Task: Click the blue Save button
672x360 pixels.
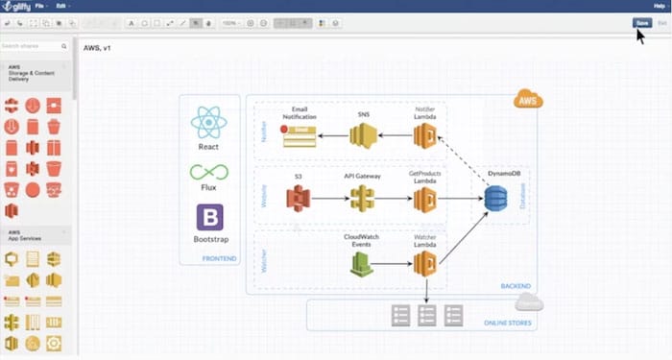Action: click(x=640, y=22)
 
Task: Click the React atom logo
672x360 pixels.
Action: click(x=208, y=122)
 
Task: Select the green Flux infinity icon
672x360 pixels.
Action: click(x=208, y=173)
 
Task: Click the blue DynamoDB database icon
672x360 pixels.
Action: click(x=496, y=199)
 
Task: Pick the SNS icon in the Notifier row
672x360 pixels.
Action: click(x=362, y=136)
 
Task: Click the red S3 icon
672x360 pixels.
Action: click(x=299, y=199)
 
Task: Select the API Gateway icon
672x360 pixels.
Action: click(x=361, y=199)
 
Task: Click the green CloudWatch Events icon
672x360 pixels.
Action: click(x=361, y=264)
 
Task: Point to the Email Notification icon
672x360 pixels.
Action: click(x=300, y=136)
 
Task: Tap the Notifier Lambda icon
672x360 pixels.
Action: click(x=425, y=136)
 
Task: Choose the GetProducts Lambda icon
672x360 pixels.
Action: click(x=425, y=199)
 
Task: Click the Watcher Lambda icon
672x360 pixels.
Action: click(x=425, y=264)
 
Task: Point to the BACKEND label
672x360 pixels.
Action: click(x=516, y=286)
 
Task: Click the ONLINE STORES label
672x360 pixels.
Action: click(x=506, y=324)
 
